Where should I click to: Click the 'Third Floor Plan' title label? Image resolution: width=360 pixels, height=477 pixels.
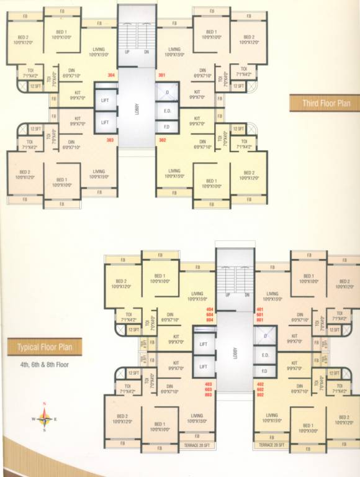coord(324,103)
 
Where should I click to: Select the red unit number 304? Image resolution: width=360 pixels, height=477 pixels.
coord(111,75)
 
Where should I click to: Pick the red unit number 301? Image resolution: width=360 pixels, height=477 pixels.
coord(162,75)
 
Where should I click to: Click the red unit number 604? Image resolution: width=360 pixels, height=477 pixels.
coord(209,314)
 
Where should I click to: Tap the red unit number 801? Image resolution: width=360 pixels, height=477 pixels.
coord(260,320)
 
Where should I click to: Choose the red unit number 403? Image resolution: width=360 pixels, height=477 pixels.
coord(209,384)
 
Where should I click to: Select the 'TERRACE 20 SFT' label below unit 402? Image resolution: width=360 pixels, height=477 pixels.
coord(271,445)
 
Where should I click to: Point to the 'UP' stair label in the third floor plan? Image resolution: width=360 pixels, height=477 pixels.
coord(127,52)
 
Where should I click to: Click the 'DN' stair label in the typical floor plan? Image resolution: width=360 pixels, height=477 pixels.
coord(247,294)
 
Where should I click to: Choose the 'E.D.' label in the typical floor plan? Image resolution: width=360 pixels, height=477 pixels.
coord(264,355)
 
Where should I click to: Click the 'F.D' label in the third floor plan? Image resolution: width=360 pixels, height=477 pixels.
coord(166,126)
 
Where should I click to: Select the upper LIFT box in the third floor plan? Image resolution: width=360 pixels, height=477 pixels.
coord(105,99)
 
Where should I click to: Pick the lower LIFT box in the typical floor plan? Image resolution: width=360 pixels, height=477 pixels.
coord(203,366)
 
